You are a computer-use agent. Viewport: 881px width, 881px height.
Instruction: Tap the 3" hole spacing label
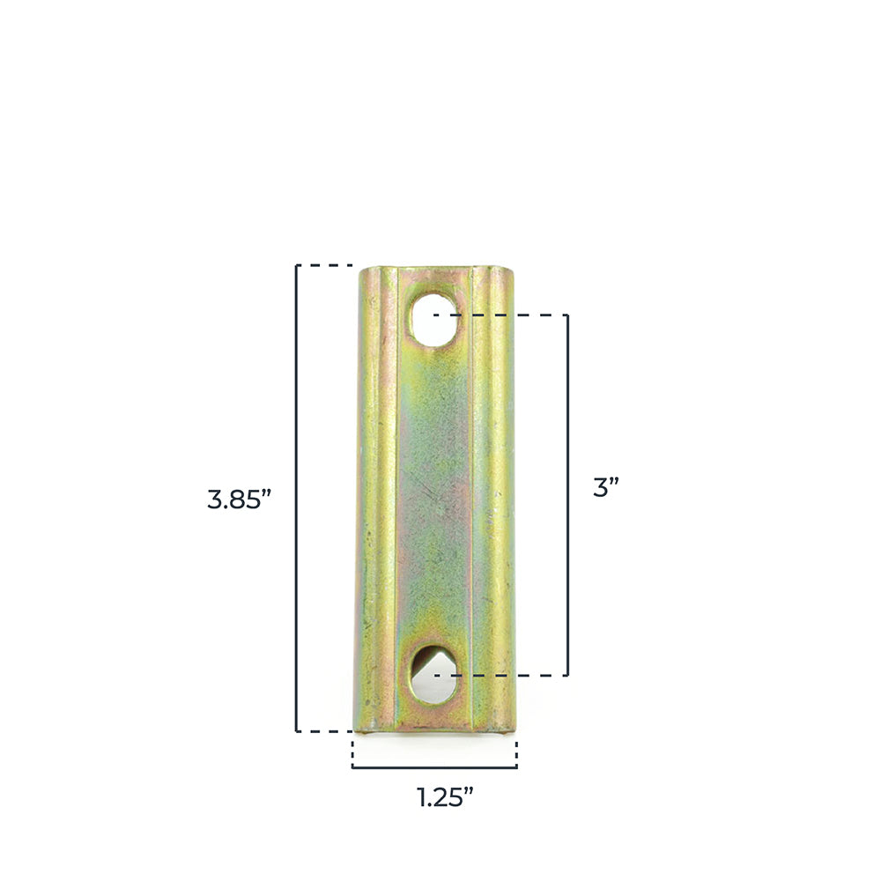tap(605, 488)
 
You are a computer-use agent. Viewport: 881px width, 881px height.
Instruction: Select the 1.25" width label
tap(445, 797)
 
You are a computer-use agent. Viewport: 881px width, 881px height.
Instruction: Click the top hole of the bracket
tap(433, 316)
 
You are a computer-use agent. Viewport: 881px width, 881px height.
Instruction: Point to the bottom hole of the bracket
tap(433, 676)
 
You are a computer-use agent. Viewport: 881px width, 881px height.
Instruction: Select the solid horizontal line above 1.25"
tap(434, 767)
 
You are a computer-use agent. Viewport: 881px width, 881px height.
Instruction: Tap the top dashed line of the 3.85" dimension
tap(324, 265)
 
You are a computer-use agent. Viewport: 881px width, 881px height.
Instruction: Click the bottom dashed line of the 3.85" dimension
tap(324, 730)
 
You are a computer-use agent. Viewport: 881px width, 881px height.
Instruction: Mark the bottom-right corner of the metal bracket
tap(508, 729)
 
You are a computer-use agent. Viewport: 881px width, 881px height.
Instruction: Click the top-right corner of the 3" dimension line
tap(567, 315)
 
